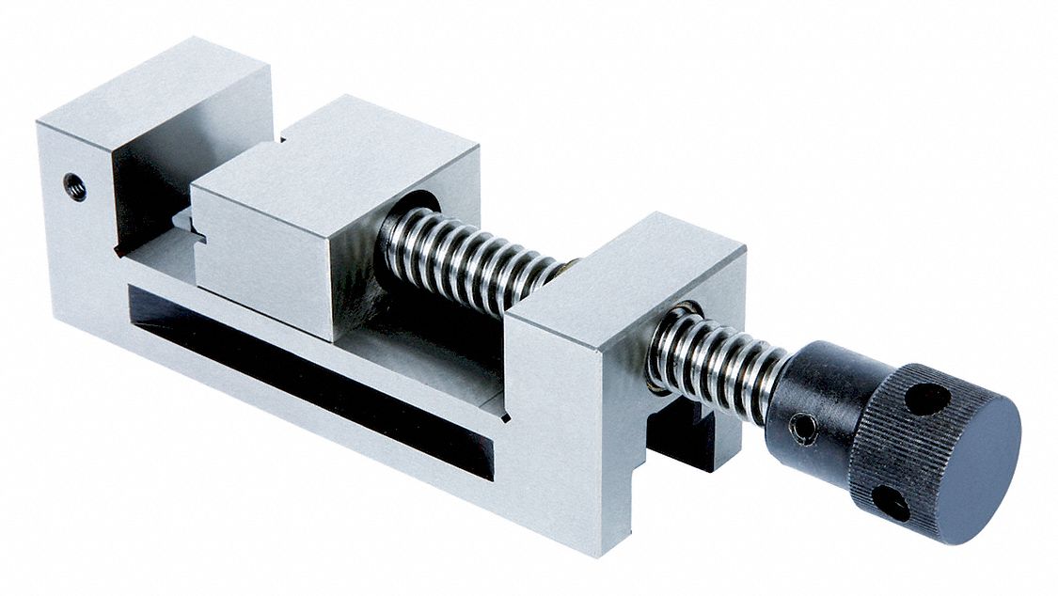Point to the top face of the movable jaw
point(339,150)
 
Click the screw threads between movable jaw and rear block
point(470,259)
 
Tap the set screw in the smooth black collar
point(804,429)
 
